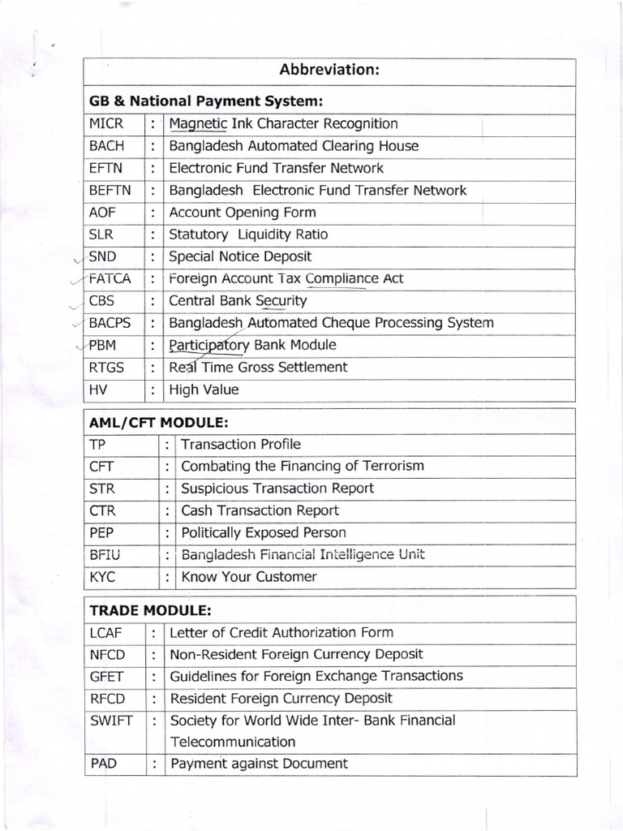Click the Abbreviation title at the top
point(329,70)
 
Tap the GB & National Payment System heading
point(206,101)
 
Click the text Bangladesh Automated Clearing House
point(294,146)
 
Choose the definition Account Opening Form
point(243,213)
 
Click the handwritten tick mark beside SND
point(77,260)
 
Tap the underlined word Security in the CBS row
point(281,301)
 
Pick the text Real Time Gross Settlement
point(258,367)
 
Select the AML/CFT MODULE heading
point(159,422)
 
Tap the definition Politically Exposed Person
point(263,533)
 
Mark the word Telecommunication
point(232,742)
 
